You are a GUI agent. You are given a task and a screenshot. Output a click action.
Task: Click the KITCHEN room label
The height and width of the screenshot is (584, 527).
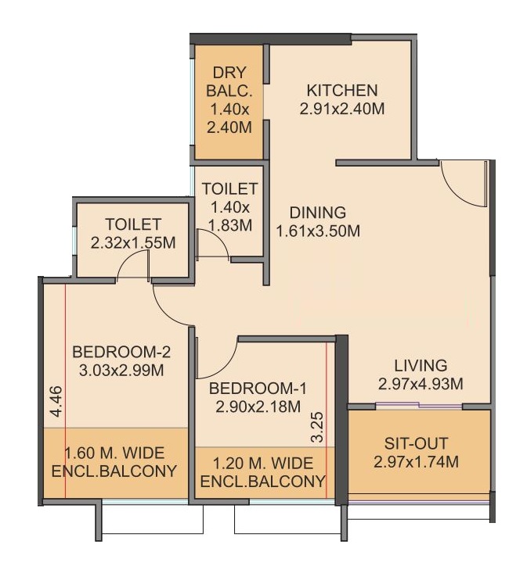pos(342,91)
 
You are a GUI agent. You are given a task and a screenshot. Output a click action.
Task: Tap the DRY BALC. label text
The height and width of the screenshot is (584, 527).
pos(229,81)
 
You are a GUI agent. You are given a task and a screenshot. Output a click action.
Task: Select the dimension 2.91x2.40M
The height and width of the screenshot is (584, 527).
pos(342,109)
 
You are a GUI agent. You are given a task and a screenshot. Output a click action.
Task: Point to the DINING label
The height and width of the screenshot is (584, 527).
pos(318,213)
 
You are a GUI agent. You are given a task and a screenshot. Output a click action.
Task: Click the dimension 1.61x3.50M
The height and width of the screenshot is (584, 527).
pos(318,231)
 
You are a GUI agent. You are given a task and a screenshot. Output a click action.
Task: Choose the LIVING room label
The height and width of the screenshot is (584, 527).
pos(421,365)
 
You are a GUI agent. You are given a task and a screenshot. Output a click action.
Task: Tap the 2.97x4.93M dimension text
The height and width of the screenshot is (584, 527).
pos(421,384)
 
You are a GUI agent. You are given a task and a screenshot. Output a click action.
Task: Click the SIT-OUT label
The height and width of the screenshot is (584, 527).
pos(416,443)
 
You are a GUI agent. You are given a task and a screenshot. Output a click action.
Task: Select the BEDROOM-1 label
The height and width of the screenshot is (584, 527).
pos(258,389)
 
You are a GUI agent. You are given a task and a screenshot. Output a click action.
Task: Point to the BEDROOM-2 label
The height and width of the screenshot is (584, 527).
pos(121,352)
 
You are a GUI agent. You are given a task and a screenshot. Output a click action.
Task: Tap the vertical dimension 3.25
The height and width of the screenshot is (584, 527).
pos(317,427)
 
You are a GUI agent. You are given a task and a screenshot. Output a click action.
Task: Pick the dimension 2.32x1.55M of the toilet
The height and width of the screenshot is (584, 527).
pos(133,243)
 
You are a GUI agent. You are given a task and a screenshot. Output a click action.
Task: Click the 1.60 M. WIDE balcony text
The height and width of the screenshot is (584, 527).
pos(114,453)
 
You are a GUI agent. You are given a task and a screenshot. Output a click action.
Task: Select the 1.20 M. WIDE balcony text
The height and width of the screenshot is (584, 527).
pos(262,464)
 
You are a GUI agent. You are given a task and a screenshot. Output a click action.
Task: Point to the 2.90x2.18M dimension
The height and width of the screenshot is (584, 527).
pos(258,407)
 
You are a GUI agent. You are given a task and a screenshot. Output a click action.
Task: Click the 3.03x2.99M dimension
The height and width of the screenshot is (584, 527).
pos(121,371)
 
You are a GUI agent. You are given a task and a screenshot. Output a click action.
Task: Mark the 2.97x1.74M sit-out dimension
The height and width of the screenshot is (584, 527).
pos(416,462)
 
